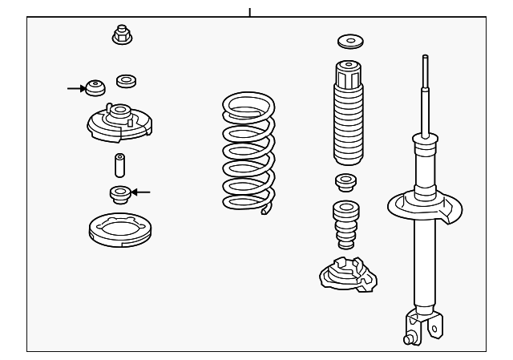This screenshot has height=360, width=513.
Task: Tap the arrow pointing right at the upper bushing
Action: coord(76,88)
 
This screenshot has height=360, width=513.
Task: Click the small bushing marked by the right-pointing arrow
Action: coord(96,87)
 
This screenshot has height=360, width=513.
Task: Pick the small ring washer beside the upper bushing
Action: coord(125,80)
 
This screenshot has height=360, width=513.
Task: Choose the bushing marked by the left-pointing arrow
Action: coord(119,193)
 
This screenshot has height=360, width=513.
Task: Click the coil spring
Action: coord(248,152)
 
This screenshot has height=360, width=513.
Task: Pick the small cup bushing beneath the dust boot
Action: coord(347,181)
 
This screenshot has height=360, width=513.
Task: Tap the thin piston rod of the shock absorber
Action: coord(425,92)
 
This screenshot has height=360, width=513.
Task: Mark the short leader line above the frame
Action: coord(250,12)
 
